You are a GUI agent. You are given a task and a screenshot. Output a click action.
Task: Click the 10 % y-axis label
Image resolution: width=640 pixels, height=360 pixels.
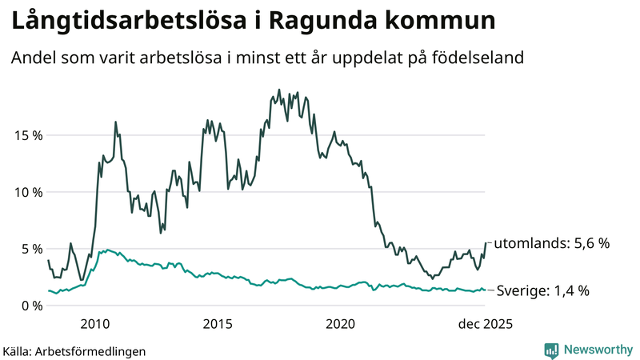[26, 192]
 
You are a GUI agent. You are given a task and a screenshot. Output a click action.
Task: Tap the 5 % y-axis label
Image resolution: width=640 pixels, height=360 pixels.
[30, 249]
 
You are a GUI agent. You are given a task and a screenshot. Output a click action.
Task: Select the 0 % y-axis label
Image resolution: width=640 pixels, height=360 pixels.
[30, 306]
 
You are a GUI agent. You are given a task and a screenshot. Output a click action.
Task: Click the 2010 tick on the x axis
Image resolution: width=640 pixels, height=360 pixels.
[95, 324]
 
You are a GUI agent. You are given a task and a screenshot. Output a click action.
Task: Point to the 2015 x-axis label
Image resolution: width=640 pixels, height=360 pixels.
[218, 324]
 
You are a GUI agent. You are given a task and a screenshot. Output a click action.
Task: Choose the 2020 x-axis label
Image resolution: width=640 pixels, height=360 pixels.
[341, 324]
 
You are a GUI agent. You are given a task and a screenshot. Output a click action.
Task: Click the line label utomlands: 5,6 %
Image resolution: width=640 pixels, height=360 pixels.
[552, 243]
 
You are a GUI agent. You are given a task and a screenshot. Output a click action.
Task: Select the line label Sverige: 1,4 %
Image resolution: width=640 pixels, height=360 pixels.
[544, 291]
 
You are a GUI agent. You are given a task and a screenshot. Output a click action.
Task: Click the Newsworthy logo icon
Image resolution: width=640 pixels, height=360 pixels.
[551, 350]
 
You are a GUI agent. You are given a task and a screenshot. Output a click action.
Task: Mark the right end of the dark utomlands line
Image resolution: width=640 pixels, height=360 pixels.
[486, 242]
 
